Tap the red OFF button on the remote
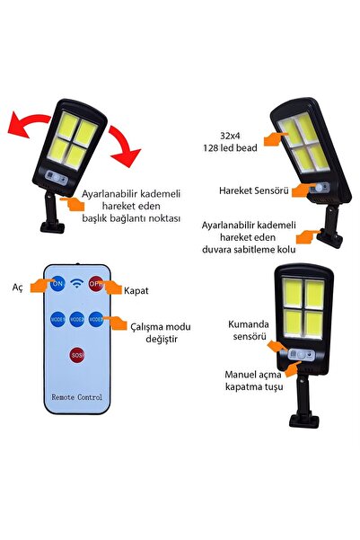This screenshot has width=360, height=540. pyautogui.click(x=96, y=284)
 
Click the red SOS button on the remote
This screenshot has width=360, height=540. pyautogui.click(x=76, y=355)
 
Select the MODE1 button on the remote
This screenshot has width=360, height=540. pyautogui.click(x=57, y=319)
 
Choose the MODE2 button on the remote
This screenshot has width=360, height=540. pyautogui.click(x=76, y=319)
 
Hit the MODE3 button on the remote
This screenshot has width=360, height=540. pyautogui.click(x=96, y=319)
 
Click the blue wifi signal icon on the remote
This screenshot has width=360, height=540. pyautogui.click(x=76, y=283)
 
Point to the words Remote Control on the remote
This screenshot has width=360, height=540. pyautogui.click(x=76, y=397)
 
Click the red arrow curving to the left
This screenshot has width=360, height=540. pyautogui.click(x=26, y=121)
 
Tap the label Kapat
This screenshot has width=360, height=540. pyautogui.click(x=136, y=290)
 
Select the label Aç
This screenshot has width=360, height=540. pyautogui.click(x=18, y=288)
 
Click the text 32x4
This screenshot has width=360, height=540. pyautogui.click(x=230, y=136)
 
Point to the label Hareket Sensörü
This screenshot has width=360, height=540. pyautogui.click(x=254, y=190)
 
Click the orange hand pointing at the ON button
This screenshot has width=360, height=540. pyautogui.click(x=41, y=286)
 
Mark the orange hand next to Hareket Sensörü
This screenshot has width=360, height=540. pyautogui.click(x=302, y=190)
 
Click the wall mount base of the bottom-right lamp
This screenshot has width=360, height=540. pyautogui.click(x=303, y=420)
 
